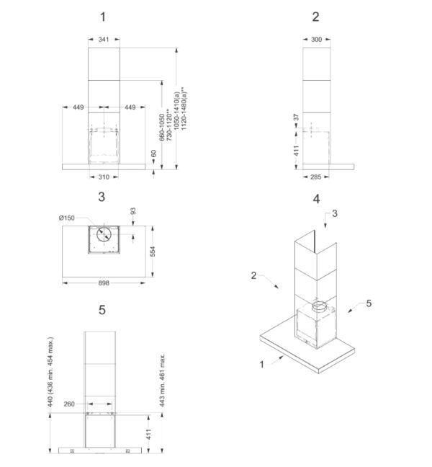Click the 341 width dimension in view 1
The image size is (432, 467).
click(x=104, y=39)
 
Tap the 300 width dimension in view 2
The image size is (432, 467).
click(x=316, y=40)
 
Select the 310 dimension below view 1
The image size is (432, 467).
click(x=104, y=177)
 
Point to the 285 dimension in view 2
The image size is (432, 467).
click(x=315, y=177)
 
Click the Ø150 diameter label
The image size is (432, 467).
click(x=67, y=218)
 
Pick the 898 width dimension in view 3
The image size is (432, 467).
click(x=104, y=283)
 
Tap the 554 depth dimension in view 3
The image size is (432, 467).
click(x=153, y=251)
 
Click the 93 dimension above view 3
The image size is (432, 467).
click(x=133, y=211)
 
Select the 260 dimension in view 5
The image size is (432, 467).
click(x=69, y=404)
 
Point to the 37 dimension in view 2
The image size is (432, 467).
click(x=296, y=117)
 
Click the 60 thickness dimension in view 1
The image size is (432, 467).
click(x=153, y=154)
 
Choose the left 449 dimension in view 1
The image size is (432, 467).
click(x=78, y=107)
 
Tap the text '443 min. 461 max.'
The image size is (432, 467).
click(x=162, y=381)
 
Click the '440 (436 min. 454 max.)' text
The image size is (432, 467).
click(x=50, y=372)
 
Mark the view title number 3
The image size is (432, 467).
click(x=102, y=197)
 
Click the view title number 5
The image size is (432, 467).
click(x=102, y=310)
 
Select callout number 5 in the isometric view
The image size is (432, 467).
click(x=369, y=303)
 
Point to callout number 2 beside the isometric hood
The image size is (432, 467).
click(x=253, y=275)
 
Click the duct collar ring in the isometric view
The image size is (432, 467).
click(x=320, y=307)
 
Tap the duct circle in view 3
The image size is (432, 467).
click(x=104, y=234)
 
